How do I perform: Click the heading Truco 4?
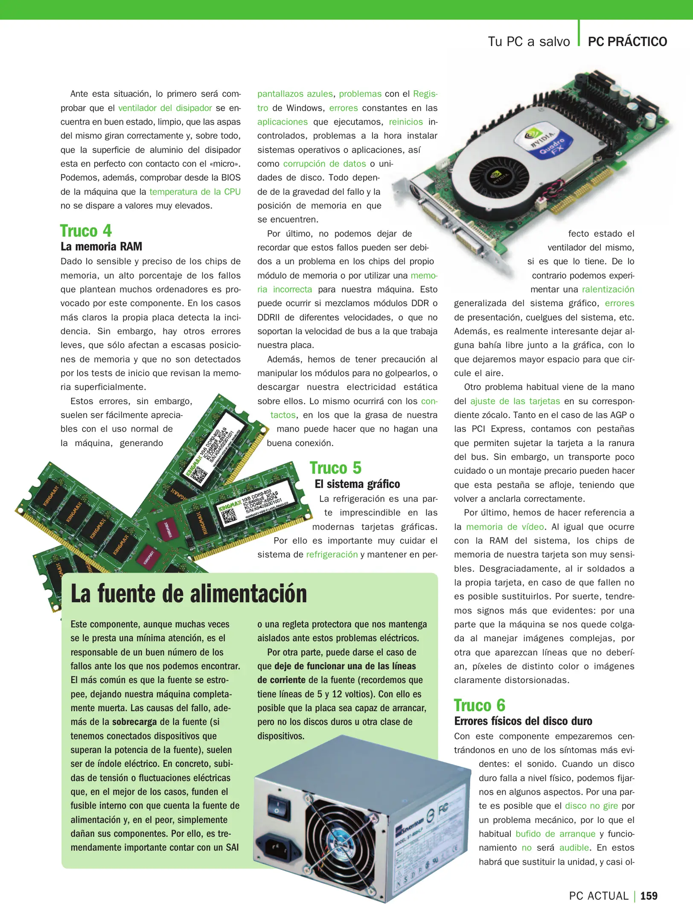[x=86, y=231]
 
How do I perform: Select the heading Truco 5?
[x=335, y=468]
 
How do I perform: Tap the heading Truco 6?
[x=479, y=705]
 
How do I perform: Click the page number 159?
[x=649, y=896]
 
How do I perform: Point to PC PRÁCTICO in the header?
[x=627, y=42]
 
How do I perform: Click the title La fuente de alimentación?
[x=189, y=594]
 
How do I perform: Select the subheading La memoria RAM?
[x=101, y=246]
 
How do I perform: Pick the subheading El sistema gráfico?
[x=357, y=484]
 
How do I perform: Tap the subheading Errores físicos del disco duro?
[x=523, y=721]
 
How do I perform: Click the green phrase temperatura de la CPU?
[x=195, y=192]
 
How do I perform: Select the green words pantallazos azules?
[x=295, y=94]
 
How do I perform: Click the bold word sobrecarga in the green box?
[x=134, y=722]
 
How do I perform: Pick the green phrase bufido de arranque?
[x=555, y=834]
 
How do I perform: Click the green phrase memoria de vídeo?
[x=505, y=527]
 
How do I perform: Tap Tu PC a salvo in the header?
[x=529, y=42]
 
